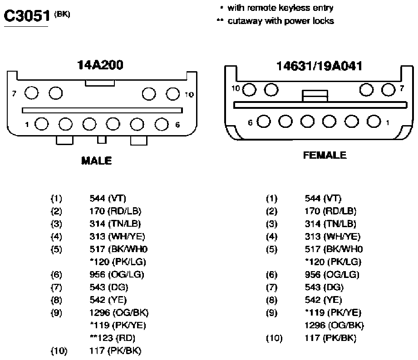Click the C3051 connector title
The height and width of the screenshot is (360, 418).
click(x=27, y=16)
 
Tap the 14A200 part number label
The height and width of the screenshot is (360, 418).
click(x=100, y=65)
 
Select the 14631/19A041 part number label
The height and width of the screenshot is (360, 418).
click(x=320, y=66)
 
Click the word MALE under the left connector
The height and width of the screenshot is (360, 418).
click(x=97, y=161)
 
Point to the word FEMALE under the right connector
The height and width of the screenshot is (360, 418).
click(x=325, y=155)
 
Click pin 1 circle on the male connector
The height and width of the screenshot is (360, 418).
click(x=42, y=124)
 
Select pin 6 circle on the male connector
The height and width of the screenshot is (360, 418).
click(x=162, y=124)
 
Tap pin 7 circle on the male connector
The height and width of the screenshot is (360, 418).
click(x=31, y=93)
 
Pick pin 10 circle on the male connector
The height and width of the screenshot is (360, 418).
click(x=173, y=94)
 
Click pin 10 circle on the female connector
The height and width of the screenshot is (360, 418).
click(x=250, y=89)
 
